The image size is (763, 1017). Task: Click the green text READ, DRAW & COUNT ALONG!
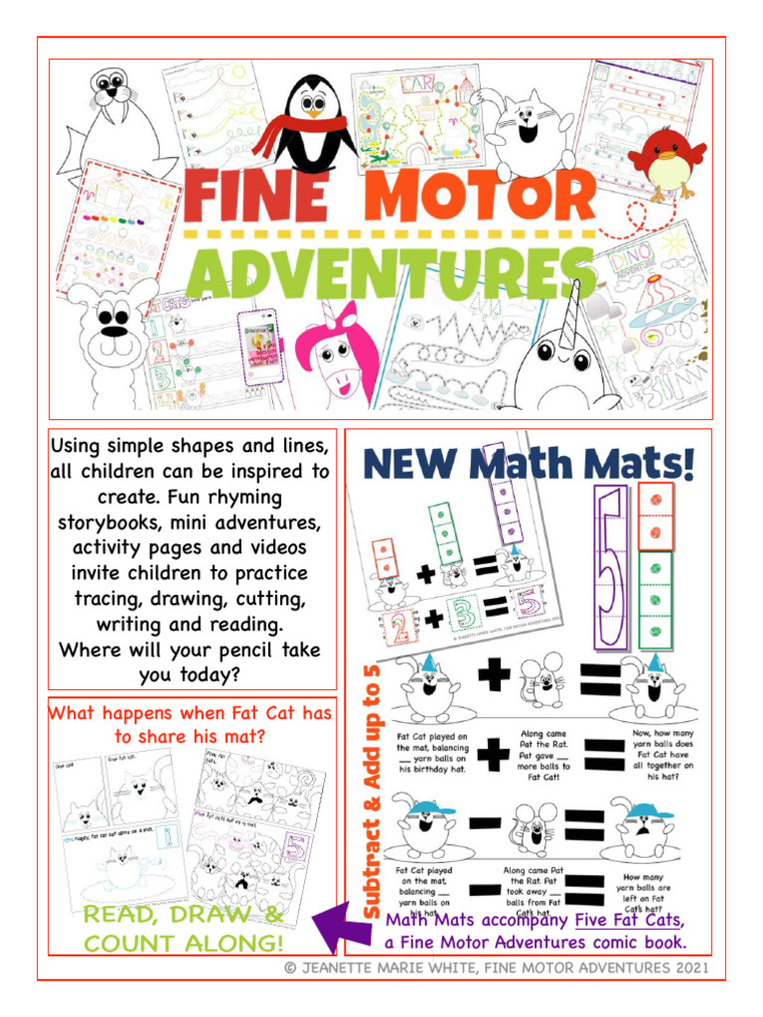click(x=184, y=929)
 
